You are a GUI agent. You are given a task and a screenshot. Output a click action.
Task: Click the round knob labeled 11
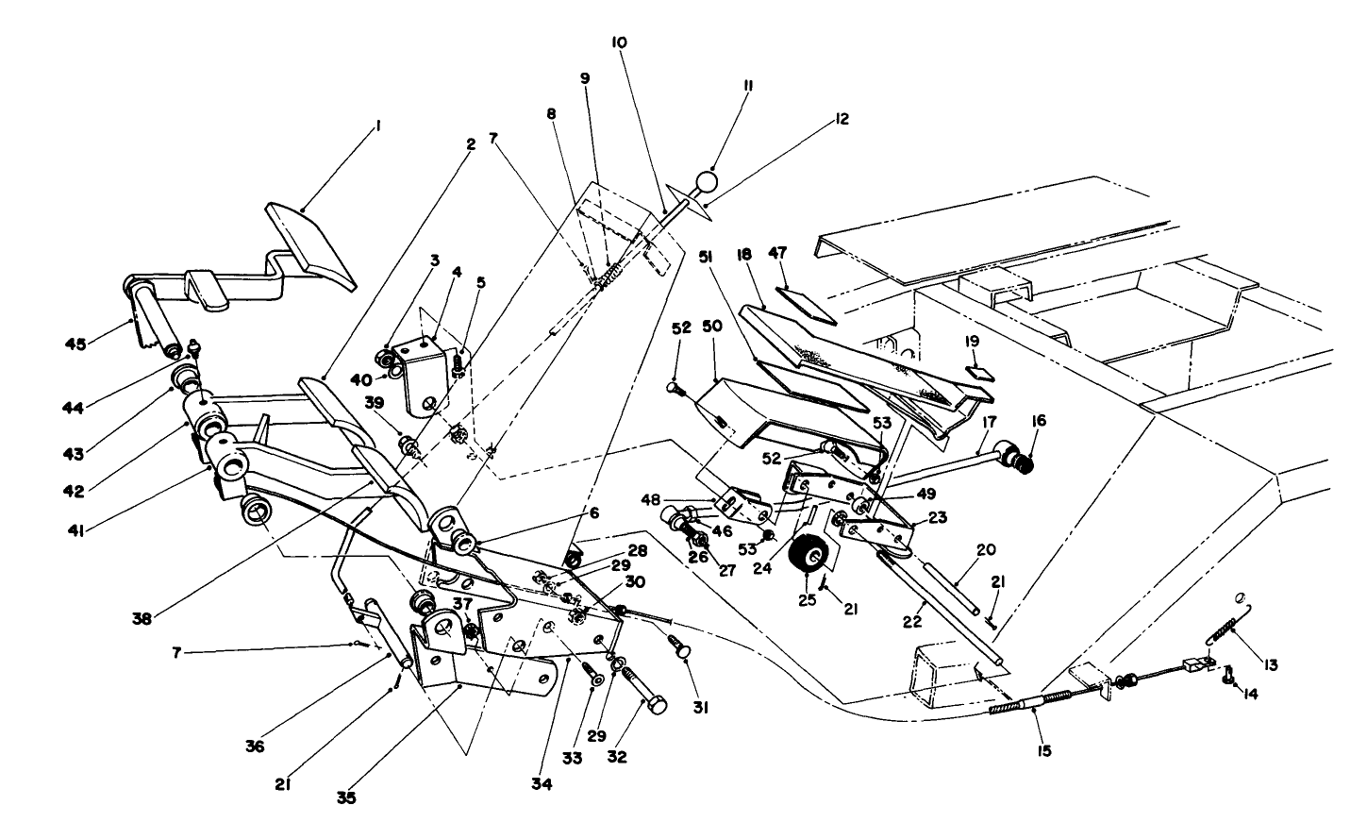point(707,180)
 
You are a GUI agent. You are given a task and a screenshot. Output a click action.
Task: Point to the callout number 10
point(620,42)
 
